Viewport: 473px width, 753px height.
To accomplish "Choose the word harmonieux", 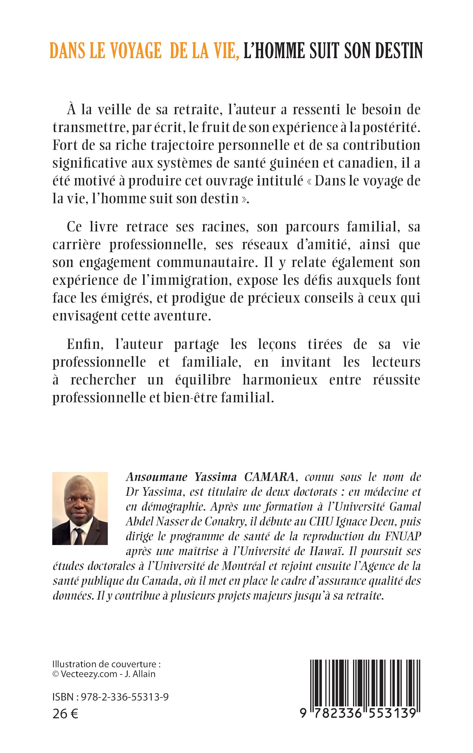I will [280, 380].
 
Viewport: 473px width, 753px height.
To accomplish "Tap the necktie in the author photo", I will [78, 536].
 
